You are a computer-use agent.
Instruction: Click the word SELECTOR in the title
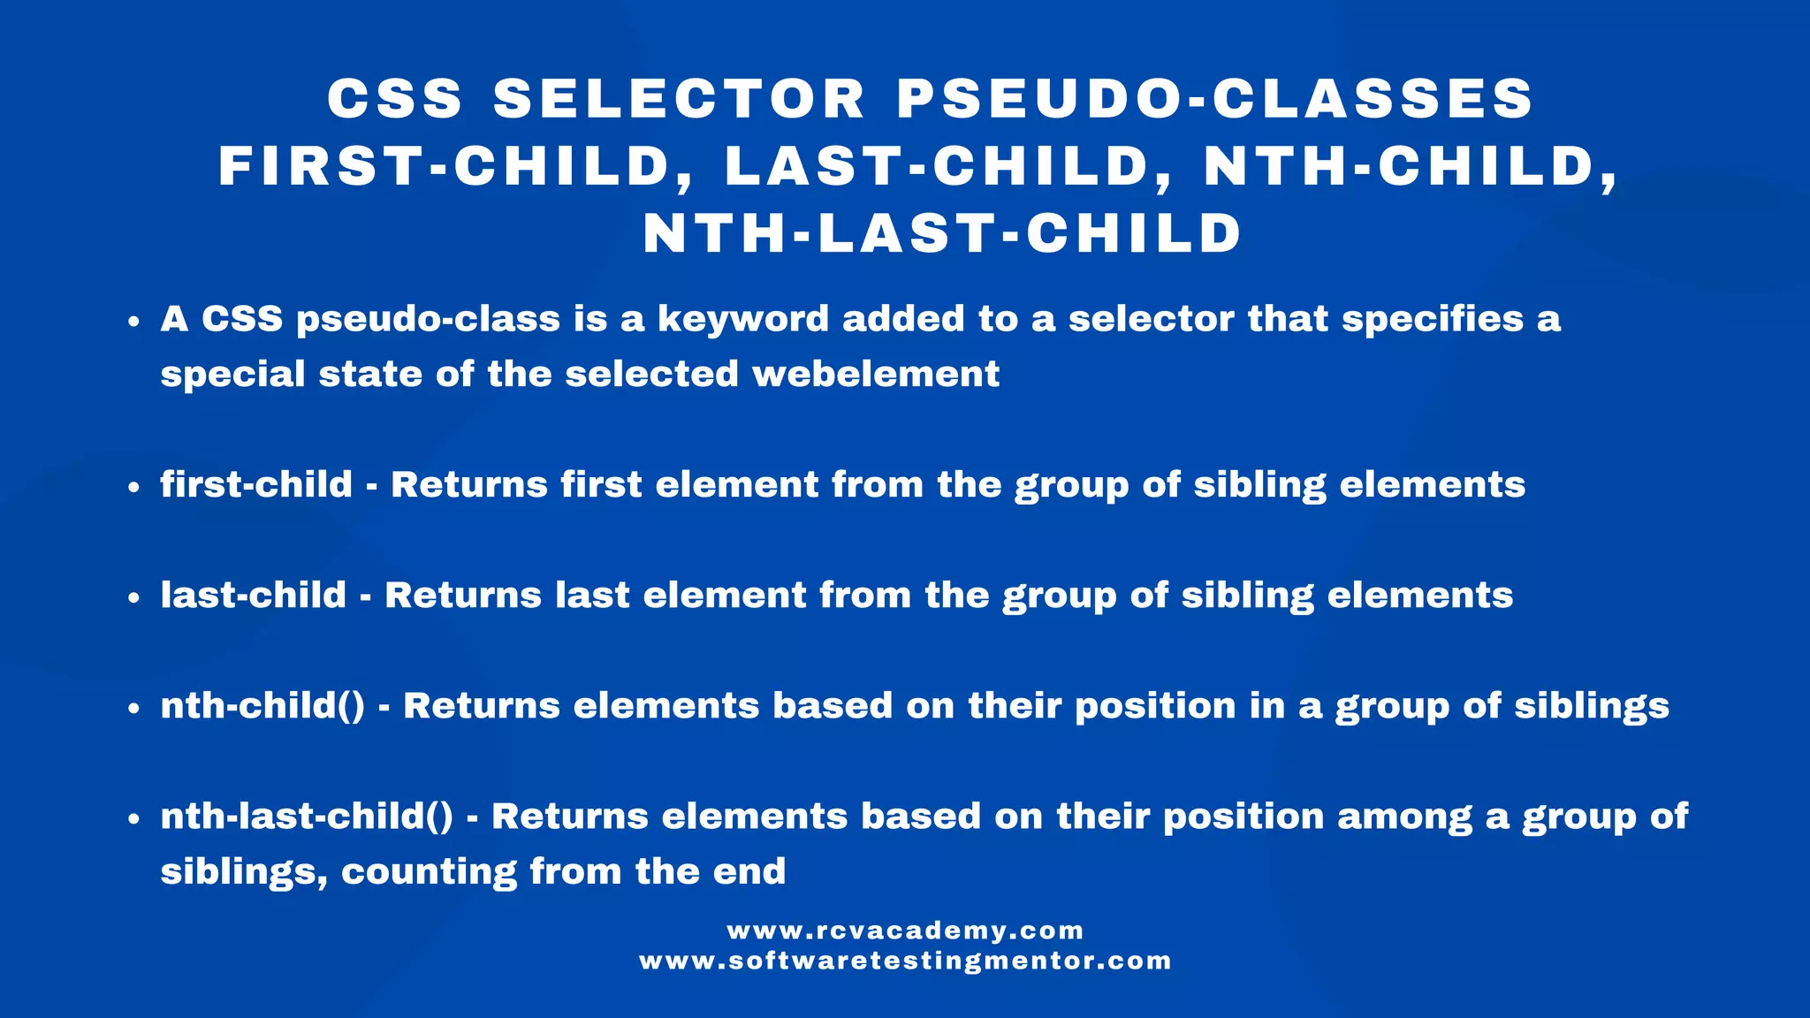click(x=680, y=98)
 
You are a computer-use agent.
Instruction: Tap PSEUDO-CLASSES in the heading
click(x=1216, y=98)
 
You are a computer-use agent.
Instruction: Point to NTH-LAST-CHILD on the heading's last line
click(x=943, y=234)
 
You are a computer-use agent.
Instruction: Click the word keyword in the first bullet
click(x=743, y=319)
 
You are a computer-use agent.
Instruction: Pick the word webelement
click(x=876, y=374)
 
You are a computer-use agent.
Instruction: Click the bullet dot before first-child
click(x=133, y=487)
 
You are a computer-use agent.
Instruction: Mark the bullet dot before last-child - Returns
click(x=133, y=597)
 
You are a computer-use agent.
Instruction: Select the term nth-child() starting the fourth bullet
click(x=262, y=706)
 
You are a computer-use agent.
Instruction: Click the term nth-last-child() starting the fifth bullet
click(x=307, y=817)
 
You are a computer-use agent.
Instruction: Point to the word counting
click(x=429, y=872)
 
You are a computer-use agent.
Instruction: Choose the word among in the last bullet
click(x=1404, y=817)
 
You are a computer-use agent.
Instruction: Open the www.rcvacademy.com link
click(x=905, y=931)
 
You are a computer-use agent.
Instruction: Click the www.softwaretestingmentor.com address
click(x=905, y=961)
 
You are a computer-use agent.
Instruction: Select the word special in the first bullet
click(x=232, y=375)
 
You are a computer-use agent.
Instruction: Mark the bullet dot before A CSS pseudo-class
click(x=133, y=322)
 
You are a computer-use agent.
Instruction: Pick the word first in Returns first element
click(x=601, y=485)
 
